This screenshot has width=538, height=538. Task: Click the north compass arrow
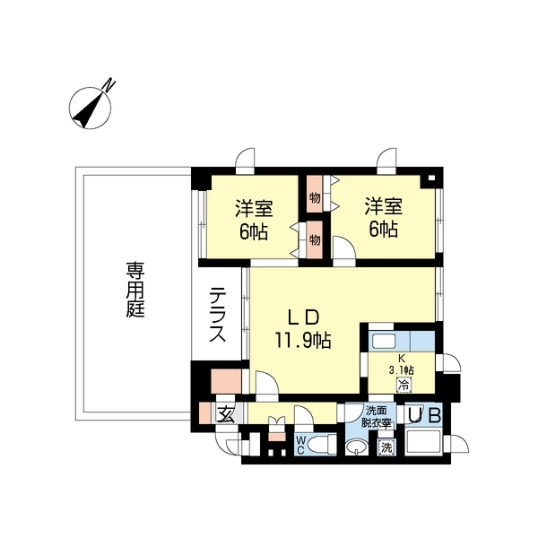coord(91,108)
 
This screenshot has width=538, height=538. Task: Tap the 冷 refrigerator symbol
coord(403,386)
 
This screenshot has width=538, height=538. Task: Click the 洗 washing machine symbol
coord(386,447)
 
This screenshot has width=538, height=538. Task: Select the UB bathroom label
coord(424,416)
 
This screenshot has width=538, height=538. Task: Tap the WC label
coord(300,445)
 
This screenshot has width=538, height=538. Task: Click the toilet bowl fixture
coord(327,443)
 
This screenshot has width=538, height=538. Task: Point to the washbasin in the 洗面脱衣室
coord(360,446)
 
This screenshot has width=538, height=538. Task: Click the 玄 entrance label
coord(226,414)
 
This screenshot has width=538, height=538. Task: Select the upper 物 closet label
coord(316,197)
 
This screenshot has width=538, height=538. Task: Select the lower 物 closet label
coord(316,240)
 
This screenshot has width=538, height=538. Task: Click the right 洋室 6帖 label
coord(383,218)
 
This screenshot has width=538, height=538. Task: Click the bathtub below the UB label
coord(425,444)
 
